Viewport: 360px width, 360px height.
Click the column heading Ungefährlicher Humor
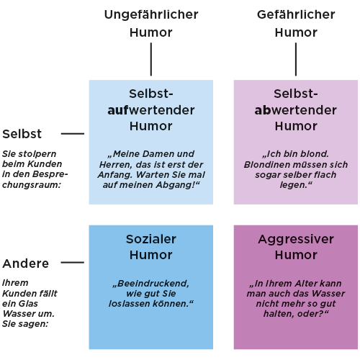tap(151, 23)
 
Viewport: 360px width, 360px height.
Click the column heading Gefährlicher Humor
tap(296, 23)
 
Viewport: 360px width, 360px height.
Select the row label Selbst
tap(22, 134)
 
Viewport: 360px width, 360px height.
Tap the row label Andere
tap(25, 264)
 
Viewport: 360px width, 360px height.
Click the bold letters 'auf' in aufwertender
tap(118, 110)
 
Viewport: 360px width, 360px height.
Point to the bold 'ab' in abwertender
tap(264, 110)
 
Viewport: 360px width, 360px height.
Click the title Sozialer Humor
tap(151, 247)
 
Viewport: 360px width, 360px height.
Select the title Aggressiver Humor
tap(296, 247)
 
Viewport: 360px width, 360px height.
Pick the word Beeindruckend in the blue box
tap(153, 284)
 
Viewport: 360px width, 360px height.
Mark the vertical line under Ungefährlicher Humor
tap(151, 59)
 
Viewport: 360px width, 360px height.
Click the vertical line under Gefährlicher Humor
tap(296, 59)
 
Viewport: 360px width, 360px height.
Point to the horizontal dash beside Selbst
tap(73, 134)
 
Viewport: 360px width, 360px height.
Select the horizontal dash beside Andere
tap(73, 263)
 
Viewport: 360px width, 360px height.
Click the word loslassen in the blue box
tap(127, 304)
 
